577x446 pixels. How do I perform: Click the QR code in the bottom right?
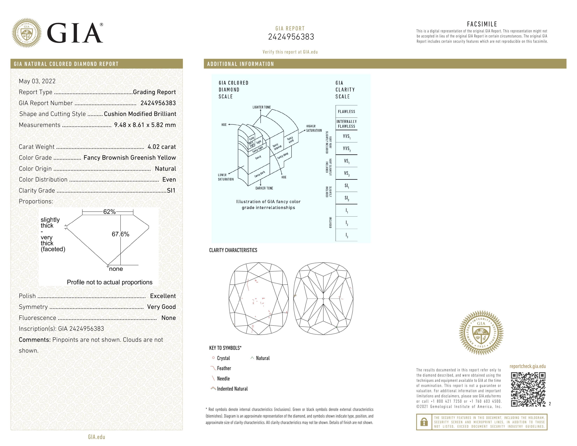coord(528,389)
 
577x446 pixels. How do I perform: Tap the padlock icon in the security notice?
coord(424,422)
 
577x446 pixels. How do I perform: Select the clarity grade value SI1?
coord(171,190)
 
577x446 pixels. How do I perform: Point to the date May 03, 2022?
coord(37,81)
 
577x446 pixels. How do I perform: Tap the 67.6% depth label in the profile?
coord(120,234)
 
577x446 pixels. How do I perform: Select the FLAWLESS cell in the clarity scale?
coord(346,112)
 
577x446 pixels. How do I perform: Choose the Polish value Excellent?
coord(163,296)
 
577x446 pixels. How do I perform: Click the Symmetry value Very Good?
coord(161,307)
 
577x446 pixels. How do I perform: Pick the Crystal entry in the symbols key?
coord(223,358)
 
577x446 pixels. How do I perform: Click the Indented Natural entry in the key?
coord(232,389)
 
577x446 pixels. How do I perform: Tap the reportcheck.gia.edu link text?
coord(527,366)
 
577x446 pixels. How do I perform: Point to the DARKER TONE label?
coord(264,188)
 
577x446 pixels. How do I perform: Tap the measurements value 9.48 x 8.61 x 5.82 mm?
coord(145,125)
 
